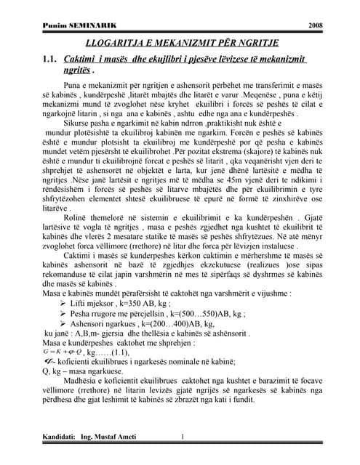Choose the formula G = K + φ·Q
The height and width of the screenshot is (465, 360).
click(x=62, y=352)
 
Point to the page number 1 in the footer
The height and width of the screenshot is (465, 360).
click(x=182, y=437)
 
